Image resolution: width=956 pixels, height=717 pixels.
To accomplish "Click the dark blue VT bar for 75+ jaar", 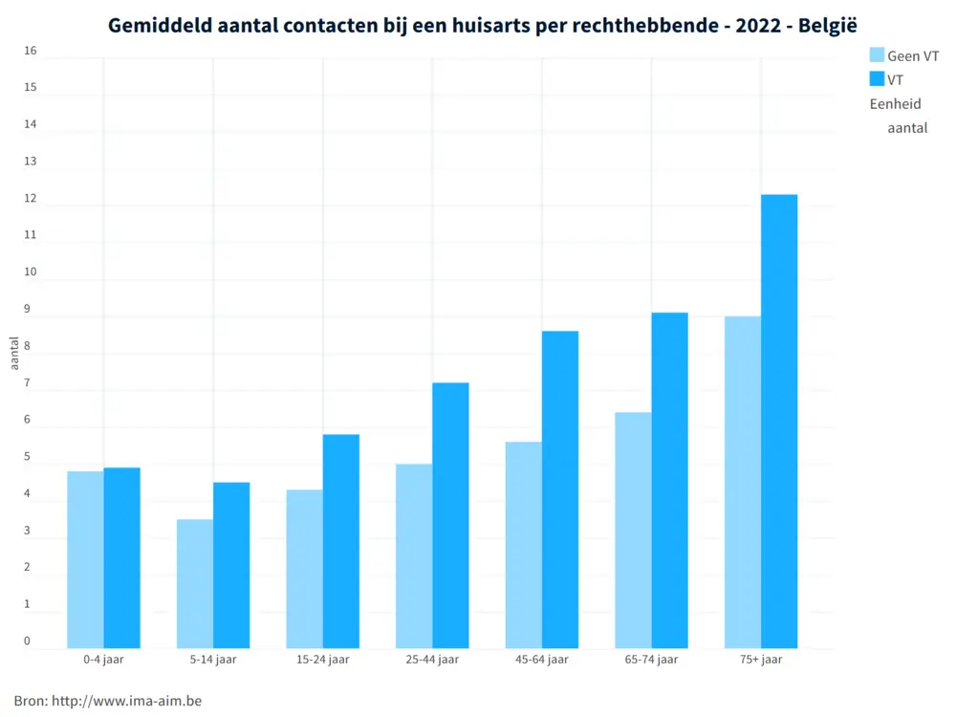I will point(779,422).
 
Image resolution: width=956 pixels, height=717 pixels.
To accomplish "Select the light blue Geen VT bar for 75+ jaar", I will point(743,482).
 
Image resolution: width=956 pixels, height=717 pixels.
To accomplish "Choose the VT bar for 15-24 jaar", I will point(341,541).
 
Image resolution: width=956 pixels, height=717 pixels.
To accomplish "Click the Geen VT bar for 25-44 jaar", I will point(414,555).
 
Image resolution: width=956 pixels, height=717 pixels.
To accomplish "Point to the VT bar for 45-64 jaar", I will point(560,489).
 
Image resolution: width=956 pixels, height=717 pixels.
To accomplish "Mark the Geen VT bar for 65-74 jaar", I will point(633,530).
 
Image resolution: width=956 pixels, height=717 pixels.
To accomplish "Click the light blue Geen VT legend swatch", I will point(877,55).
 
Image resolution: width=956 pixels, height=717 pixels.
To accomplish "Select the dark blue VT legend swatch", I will point(877,79).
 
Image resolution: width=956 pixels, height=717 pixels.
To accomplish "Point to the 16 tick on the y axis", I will point(31,52).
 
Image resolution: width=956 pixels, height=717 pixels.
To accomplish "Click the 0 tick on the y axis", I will point(28,641).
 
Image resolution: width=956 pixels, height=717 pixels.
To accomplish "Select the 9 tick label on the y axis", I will point(28,310).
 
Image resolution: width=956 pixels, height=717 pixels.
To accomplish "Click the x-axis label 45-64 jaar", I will point(542,660).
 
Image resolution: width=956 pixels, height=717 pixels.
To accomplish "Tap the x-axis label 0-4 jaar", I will point(104,660).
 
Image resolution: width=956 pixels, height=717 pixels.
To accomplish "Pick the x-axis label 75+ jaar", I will point(761,660).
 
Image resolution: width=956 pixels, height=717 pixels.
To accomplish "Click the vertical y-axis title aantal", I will point(14,353).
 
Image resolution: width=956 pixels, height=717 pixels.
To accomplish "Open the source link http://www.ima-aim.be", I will point(127,701).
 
